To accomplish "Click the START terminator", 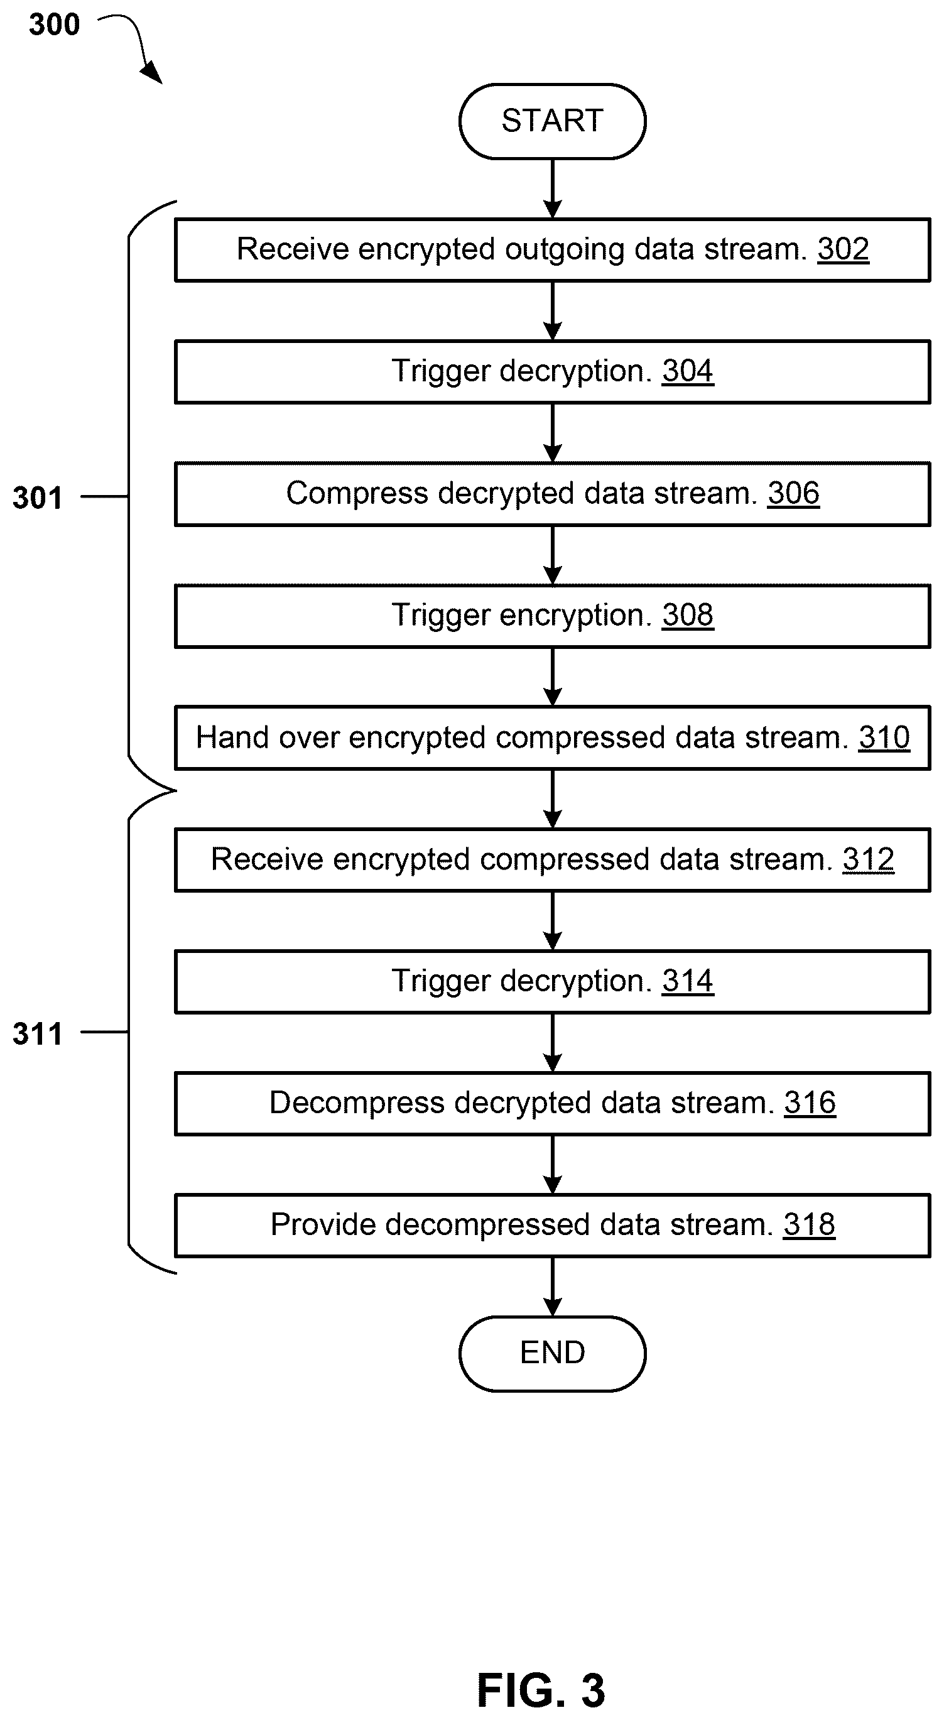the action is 552,121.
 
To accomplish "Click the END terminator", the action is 552,1353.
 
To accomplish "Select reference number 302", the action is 843,249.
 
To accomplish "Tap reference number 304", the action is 688,371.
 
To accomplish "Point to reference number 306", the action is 793,493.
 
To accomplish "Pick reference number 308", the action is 688,615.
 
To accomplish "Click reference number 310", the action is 884,738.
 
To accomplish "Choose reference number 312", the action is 868,859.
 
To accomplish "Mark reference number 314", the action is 688,981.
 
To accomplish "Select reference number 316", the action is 810,1103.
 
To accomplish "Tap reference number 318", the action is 809,1225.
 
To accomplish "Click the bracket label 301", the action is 38,498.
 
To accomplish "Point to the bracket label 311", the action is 38,1034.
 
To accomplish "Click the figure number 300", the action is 54,24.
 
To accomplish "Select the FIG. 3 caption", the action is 541,1690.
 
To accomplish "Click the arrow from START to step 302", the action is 552,189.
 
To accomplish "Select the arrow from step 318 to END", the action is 552,1287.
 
